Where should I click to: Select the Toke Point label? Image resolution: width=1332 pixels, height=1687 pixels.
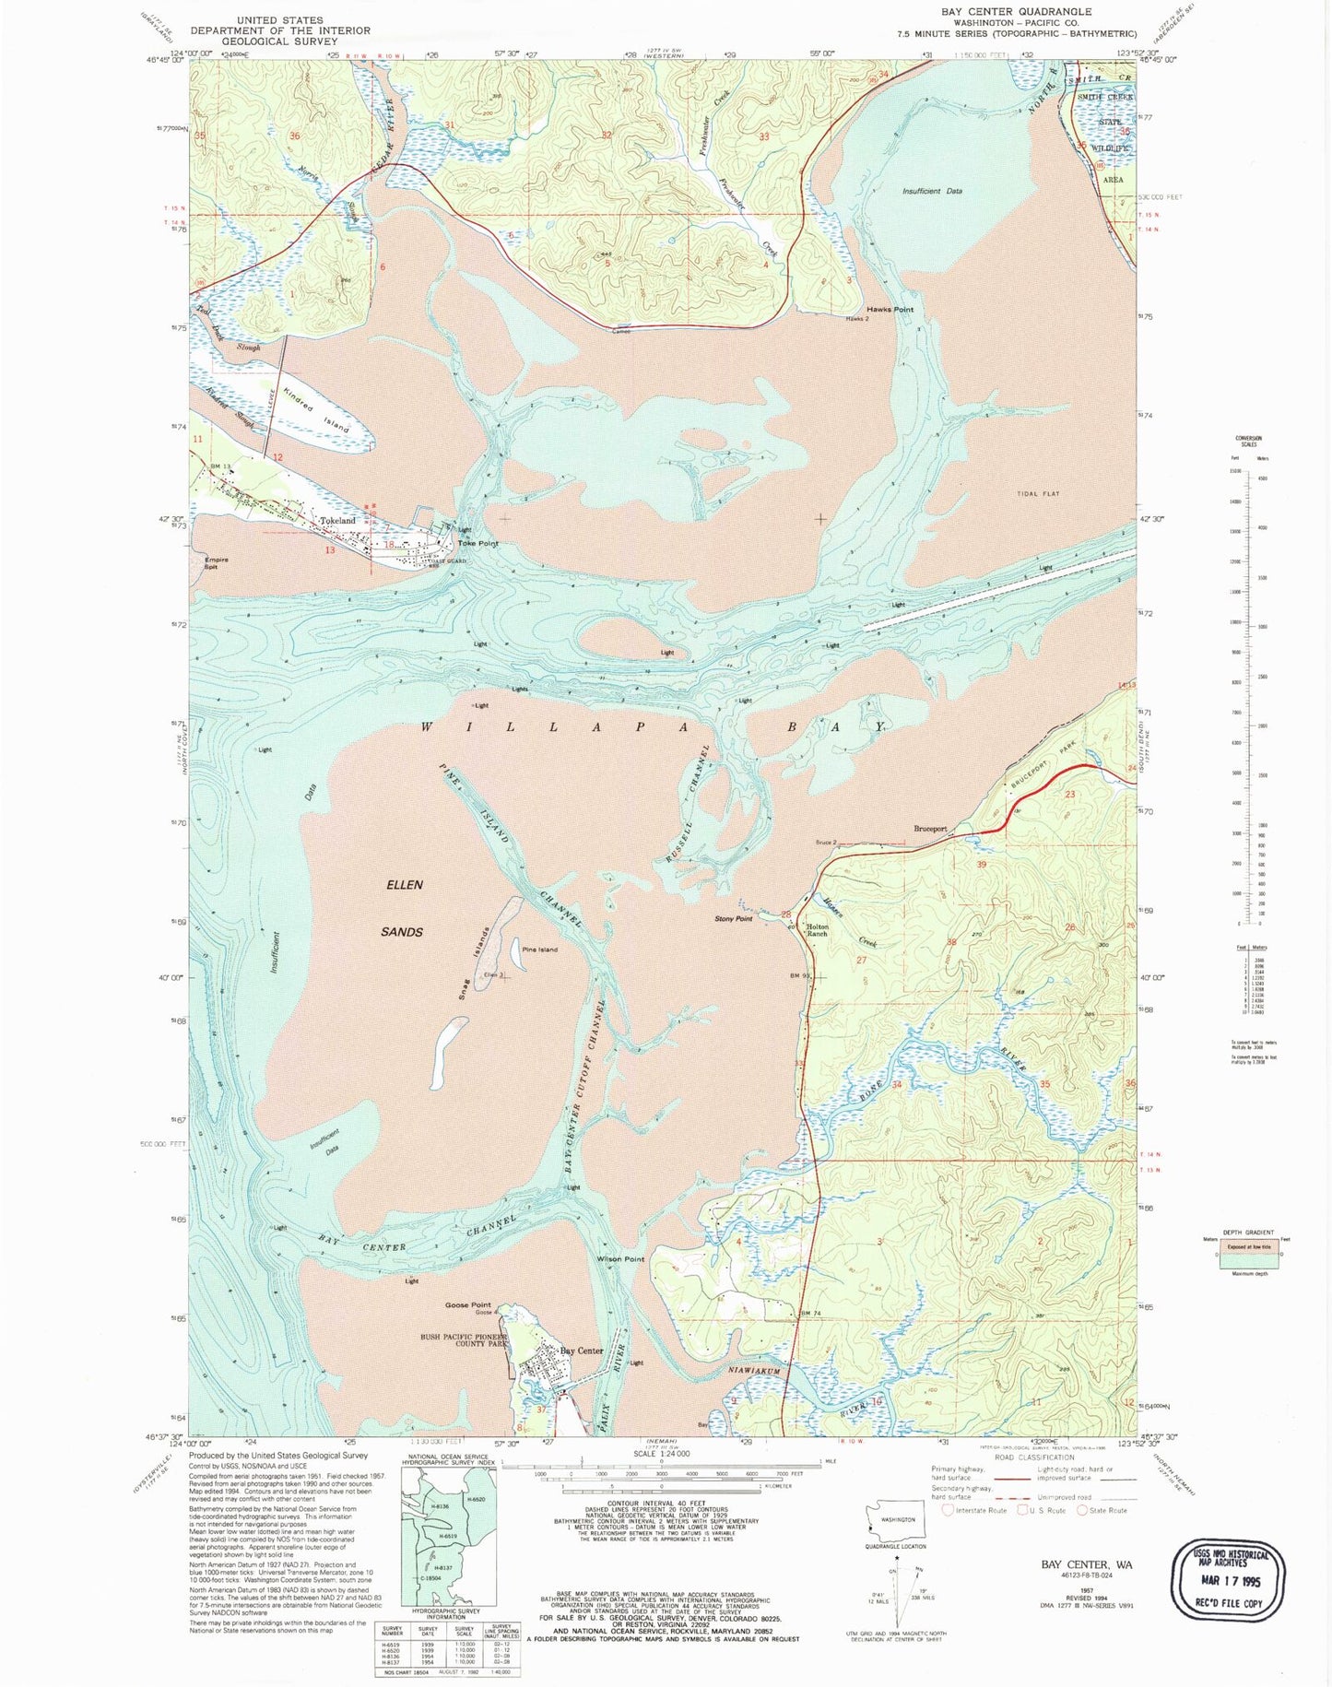click(477, 543)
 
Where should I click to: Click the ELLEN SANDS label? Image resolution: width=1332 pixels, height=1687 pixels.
click(403, 908)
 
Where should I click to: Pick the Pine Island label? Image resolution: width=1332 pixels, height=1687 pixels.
click(539, 950)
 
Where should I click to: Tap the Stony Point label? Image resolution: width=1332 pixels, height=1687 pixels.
click(734, 919)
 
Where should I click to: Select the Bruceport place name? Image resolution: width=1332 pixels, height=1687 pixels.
click(930, 829)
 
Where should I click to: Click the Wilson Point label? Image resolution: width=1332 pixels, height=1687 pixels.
click(620, 1259)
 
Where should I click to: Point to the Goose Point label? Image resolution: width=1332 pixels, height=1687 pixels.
click(467, 1305)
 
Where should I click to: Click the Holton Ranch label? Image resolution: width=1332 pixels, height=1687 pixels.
click(818, 931)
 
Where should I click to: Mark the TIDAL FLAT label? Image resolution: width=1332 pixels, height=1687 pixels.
click(1038, 494)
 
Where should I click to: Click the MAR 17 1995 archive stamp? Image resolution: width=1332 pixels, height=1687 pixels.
click(1227, 1580)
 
